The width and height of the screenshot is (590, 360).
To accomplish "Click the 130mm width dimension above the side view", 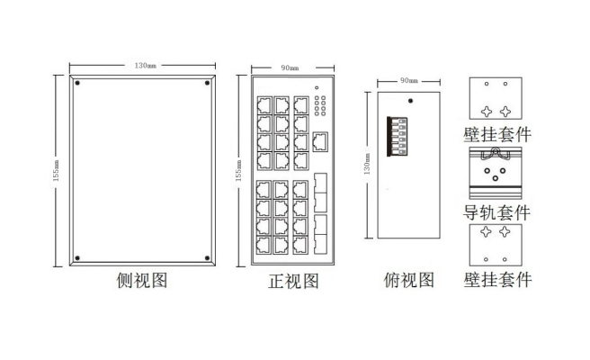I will pyautogui.click(x=144, y=66).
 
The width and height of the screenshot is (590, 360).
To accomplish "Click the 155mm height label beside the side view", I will pyautogui.click(x=57, y=171).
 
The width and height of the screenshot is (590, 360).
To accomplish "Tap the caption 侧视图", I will pyautogui.click(x=143, y=281).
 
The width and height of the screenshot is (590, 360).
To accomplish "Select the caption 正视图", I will pyautogui.click(x=293, y=281).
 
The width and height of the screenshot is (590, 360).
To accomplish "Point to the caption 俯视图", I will pyautogui.click(x=409, y=281).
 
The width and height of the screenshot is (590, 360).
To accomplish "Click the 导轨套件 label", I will pyautogui.click(x=496, y=213).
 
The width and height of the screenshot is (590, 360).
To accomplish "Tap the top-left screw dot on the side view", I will pyautogui.click(x=78, y=85).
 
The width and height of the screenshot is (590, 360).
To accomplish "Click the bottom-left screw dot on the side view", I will pyautogui.click(x=78, y=257).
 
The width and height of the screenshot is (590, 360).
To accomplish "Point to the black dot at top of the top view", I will pyautogui.click(x=409, y=102).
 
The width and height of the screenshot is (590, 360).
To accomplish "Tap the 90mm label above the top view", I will pyautogui.click(x=409, y=80).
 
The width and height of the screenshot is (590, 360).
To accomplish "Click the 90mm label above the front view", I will pyautogui.click(x=290, y=67).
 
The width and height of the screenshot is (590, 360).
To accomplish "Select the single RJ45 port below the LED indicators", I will pyautogui.click(x=321, y=139).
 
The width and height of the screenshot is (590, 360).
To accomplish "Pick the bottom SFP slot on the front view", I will pyautogui.click(x=321, y=243).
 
